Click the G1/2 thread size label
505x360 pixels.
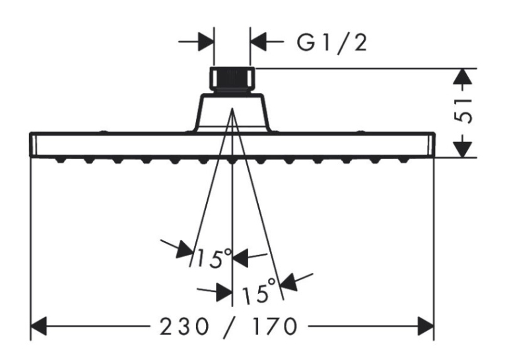click(331, 42)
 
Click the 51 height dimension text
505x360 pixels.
click(463, 110)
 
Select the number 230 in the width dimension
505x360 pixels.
click(184, 326)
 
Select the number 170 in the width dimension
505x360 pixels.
click(274, 326)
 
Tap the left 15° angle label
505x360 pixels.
click(214, 258)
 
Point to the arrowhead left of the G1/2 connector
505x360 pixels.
click(206, 42)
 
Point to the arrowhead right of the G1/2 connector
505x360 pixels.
click(258, 42)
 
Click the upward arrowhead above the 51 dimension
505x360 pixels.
click(463, 77)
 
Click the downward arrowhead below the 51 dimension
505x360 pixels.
click(463, 149)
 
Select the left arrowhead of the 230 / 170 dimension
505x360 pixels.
click(39, 326)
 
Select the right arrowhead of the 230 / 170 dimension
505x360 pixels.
click(426, 326)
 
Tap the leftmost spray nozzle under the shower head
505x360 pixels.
click(60, 160)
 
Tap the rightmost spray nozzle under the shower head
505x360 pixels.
click(403, 160)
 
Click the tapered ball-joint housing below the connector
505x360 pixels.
click(232, 112)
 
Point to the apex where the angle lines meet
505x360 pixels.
click(232, 109)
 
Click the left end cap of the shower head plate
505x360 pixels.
click(33, 145)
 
